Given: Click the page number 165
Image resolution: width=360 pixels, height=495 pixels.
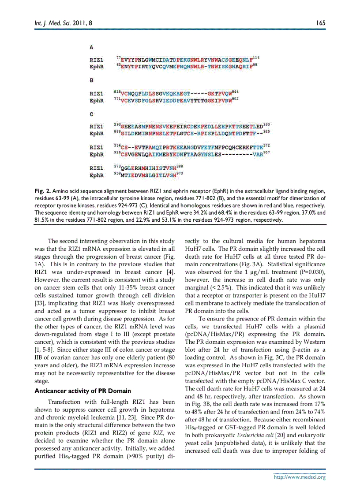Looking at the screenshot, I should pyautogui.click(x=321, y=22).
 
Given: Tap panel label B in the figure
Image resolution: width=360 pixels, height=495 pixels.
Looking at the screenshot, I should pyautogui.click(x=92, y=80).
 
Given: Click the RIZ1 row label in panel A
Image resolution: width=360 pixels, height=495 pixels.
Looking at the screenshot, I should pyautogui.click(x=97, y=60).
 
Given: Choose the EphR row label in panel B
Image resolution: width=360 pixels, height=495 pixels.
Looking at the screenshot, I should pyautogui.click(x=97, y=100).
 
